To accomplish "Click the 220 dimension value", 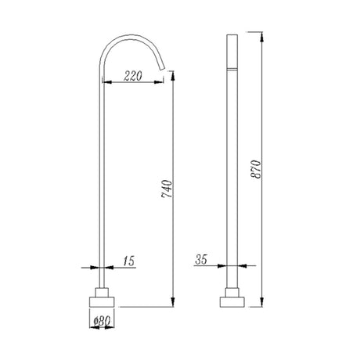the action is tap(133, 76).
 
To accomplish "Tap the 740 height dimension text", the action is tap(167, 189).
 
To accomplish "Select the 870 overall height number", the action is tap(256, 169).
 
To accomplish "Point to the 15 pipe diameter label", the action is tap(128, 261).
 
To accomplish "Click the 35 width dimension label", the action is tap(201, 260).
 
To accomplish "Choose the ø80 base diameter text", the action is tap(102, 321).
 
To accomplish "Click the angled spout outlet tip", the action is tap(162, 68).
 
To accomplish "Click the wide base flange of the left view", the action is tap(102, 302).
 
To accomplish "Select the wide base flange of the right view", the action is tap(232, 302).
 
